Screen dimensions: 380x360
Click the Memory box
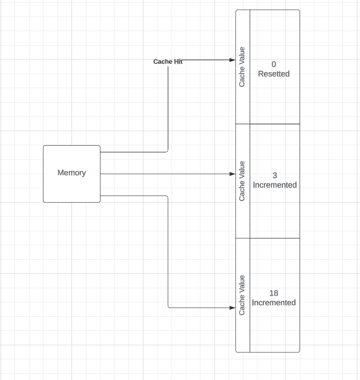point(71,187)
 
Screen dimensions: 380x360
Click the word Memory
point(71,173)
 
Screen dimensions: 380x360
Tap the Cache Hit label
point(168,62)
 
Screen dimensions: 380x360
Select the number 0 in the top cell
point(274,64)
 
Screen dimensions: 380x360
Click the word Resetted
point(274,74)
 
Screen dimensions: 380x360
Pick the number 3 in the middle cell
point(275,176)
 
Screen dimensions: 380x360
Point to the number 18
point(274,293)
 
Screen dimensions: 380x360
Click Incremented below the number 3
point(275,185)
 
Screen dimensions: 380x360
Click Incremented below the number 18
point(274,303)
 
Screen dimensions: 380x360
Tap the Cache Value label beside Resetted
point(242,67)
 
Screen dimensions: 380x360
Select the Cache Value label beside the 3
point(242,181)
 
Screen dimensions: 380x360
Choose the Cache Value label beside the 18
point(242,295)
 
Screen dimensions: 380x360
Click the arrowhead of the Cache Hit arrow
point(233,60)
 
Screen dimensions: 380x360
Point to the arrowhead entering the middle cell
point(233,174)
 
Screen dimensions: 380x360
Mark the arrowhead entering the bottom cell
point(233,307)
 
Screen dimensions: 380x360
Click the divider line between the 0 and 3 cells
point(275,124)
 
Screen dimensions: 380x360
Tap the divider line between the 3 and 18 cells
point(275,238)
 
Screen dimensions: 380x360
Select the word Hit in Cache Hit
point(178,62)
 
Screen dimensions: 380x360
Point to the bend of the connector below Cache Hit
point(168,151)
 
